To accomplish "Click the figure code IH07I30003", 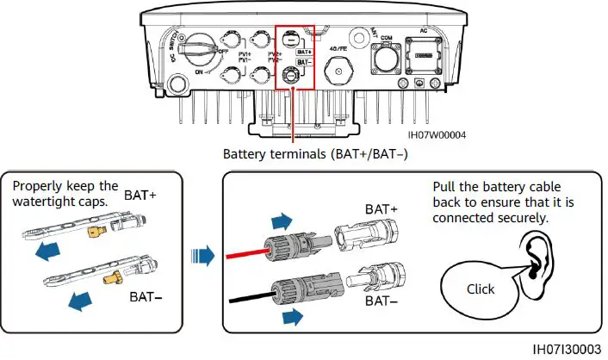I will tap(568, 349).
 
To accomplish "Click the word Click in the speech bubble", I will tap(481, 289).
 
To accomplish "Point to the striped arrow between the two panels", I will tap(202, 256).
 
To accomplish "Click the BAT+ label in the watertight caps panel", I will tap(141, 196).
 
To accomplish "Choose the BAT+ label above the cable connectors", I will tap(382, 209).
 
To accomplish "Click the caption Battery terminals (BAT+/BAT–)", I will tap(314, 155).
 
